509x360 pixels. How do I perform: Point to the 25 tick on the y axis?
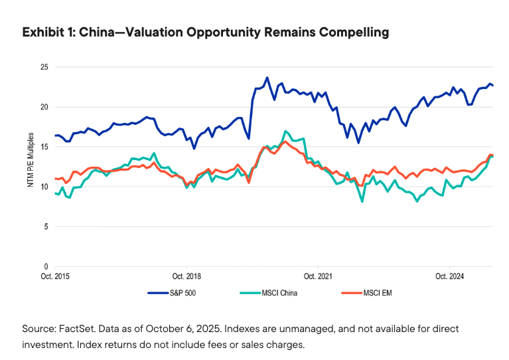pos(44,67)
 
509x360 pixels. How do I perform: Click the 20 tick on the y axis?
pos(44,107)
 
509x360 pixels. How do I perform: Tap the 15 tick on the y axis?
pos(44,147)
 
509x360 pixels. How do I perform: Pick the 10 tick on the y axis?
pos(44,187)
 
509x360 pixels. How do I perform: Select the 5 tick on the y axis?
pos(46,226)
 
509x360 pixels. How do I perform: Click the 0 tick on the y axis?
pos(46,266)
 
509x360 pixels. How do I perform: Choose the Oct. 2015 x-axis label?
pos(55,276)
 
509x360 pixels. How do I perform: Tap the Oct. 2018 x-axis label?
pos(186,276)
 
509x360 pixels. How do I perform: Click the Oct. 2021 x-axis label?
pos(317,276)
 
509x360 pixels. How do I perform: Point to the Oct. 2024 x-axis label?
pos(449,276)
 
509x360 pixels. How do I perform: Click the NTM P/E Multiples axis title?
pos(31,163)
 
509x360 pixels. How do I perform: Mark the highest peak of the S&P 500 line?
pos(267,78)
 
